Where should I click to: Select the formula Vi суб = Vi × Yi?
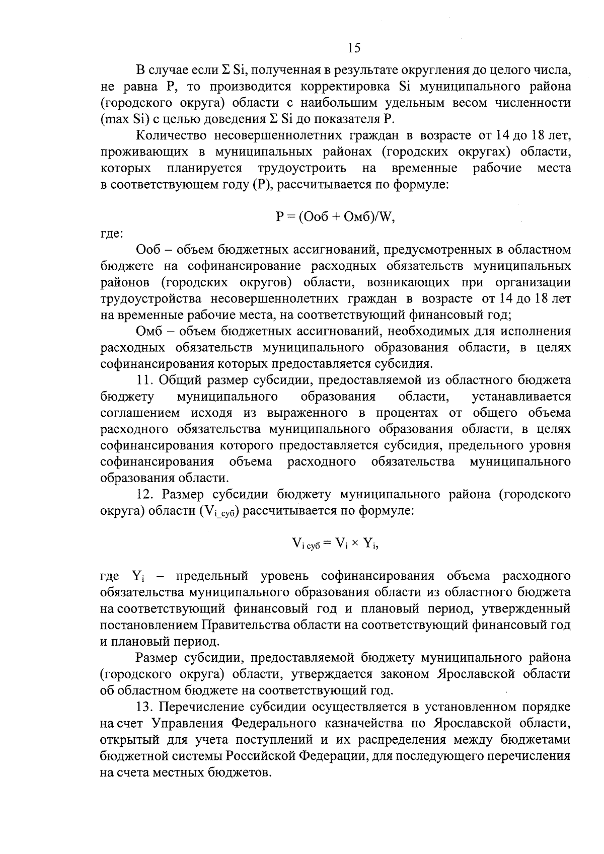click(x=335, y=543)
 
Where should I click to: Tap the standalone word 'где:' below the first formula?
click(x=111, y=233)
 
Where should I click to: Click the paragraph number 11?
click(x=144, y=380)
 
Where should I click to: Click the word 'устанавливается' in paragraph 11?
click(x=521, y=397)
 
